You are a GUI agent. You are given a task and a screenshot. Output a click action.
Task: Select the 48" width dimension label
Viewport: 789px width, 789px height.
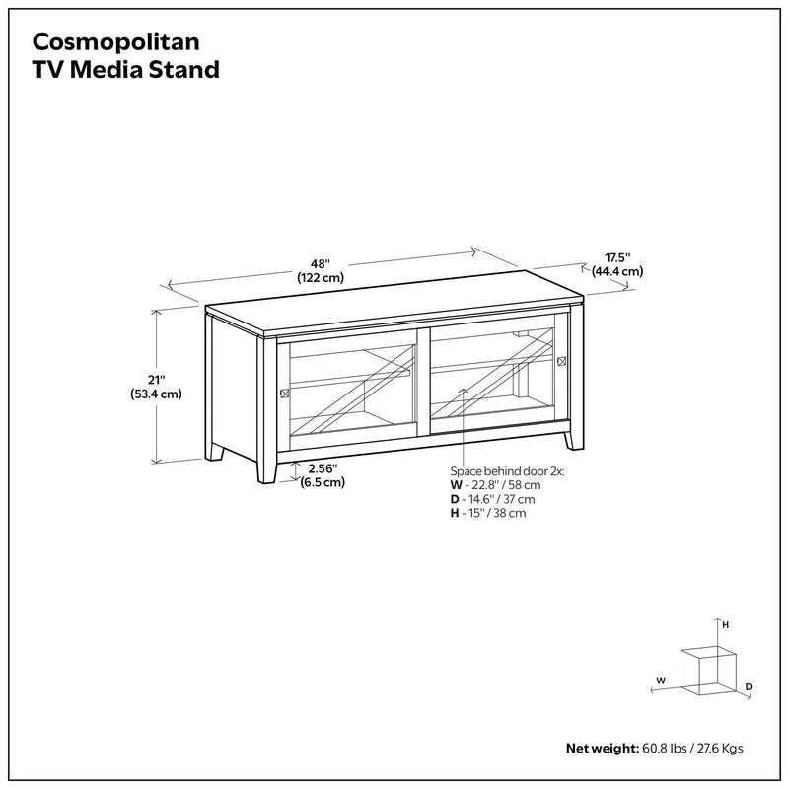click(x=320, y=263)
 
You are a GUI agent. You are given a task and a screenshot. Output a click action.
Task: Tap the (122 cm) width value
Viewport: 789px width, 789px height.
click(x=320, y=278)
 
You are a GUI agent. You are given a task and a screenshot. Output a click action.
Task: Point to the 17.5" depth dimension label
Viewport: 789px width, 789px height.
click(x=617, y=258)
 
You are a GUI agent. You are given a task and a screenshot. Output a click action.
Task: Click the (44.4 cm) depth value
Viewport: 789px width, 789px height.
click(x=617, y=271)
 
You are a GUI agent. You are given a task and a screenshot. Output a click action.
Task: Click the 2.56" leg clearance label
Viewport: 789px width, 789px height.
click(x=323, y=468)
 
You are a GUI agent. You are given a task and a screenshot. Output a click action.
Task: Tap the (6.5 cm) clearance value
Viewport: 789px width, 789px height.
click(x=323, y=482)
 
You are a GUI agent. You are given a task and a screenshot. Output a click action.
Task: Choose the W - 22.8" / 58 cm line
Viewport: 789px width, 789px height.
click(x=495, y=485)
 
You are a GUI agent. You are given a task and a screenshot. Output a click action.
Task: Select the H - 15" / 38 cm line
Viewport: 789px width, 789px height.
click(x=487, y=513)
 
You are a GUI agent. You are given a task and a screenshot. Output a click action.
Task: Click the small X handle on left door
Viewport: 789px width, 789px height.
click(x=285, y=393)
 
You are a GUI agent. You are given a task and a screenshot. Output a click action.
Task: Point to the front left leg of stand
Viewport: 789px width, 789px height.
click(x=264, y=470)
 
